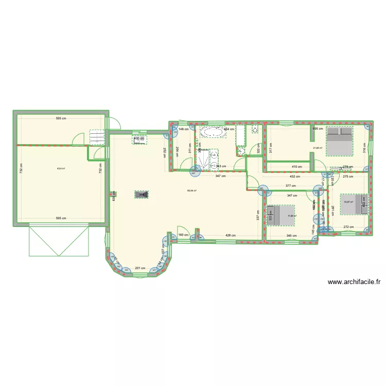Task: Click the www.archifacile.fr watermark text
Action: [354, 282]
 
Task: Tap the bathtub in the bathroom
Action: [213, 132]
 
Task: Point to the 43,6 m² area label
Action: [61, 168]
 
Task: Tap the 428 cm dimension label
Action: [231, 236]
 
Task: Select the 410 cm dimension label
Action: [296, 167]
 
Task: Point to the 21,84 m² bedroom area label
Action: [318, 148]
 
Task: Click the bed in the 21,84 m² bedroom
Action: [340, 141]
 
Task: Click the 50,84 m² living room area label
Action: [191, 191]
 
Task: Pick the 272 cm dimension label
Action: [348, 226]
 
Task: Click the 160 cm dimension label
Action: [184, 236]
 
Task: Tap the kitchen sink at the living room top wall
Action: [139, 139]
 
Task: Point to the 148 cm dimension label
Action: [184, 129]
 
